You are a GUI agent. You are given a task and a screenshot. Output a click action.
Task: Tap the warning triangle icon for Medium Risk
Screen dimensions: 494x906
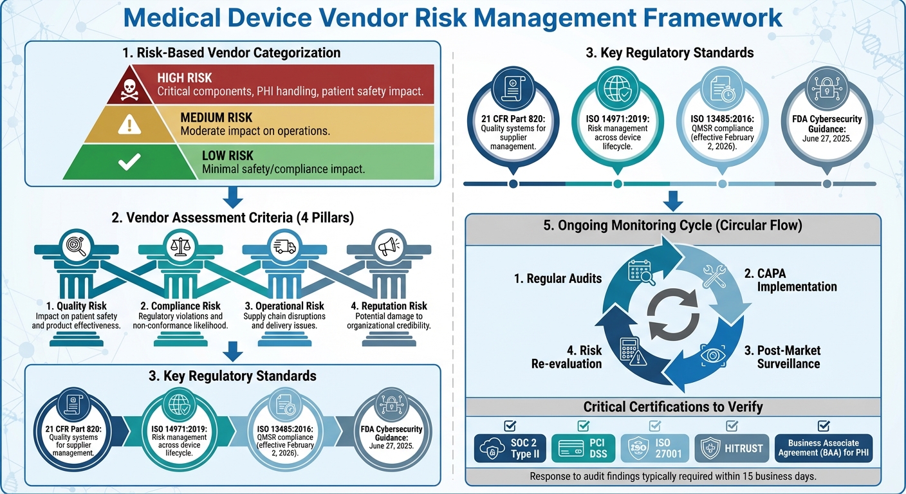129,125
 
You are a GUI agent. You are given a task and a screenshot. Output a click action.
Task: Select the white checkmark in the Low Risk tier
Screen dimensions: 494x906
129,162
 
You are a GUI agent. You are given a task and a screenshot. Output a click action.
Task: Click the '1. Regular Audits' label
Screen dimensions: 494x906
558,279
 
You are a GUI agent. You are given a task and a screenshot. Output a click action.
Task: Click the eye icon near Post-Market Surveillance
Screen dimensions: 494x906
710,353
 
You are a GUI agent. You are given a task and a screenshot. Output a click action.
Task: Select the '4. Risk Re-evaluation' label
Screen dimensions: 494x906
566,357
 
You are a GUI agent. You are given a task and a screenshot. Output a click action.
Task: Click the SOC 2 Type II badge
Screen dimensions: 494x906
510,448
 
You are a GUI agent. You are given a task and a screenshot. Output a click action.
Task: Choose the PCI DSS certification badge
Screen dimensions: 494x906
583,448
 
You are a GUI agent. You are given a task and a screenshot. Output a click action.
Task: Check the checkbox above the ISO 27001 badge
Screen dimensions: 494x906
654,425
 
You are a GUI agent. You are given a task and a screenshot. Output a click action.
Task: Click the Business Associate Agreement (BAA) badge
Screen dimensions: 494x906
823,448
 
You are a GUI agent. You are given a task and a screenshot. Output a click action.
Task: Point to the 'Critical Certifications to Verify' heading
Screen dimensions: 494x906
673,407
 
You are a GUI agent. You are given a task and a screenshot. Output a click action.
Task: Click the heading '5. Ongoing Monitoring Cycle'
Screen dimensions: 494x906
672,226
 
